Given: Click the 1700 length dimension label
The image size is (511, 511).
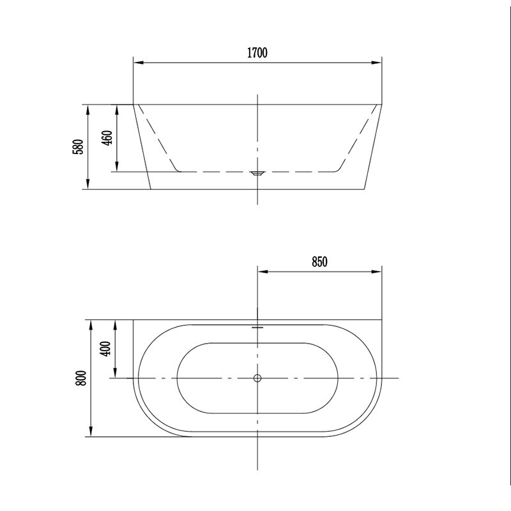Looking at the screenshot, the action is pyautogui.click(x=257, y=52).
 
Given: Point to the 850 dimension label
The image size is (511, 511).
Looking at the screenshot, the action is pyautogui.click(x=319, y=262).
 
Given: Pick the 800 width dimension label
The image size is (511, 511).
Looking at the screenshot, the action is pyautogui.click(x=82, y=378).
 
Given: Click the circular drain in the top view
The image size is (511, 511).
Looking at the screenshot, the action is pyautogui.click(x=257, y=378).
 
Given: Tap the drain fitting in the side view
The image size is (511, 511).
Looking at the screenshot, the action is pyautogui.click(x=257, y=173).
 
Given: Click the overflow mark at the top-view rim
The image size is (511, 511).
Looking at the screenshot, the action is pyautogui.click(x=257, y=327).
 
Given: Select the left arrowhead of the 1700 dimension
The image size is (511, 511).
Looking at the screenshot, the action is pyautogui.click(x=139, y=63).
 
